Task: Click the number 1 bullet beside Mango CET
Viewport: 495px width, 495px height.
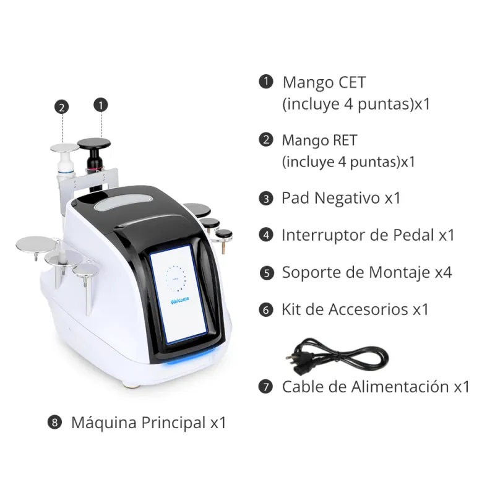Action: point(266,82)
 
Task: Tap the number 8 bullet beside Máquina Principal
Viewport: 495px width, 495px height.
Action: point(54,423)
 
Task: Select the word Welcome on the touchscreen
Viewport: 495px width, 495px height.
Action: point(179,300)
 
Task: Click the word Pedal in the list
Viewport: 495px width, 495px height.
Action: point(413,235)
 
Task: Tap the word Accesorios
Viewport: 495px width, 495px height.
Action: point(368,309)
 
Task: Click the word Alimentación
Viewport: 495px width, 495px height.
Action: point(400,386)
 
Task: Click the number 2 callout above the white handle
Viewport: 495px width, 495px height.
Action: point(61,107)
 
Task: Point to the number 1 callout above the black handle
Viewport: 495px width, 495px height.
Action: point(101,105)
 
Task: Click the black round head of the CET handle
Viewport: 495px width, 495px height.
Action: point(94,144)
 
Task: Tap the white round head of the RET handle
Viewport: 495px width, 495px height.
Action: point(65,148)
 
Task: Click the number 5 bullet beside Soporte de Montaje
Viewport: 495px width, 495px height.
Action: point(267,273)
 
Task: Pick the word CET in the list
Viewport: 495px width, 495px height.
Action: point(352,82)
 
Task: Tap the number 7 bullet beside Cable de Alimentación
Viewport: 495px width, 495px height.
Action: point(265,387)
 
